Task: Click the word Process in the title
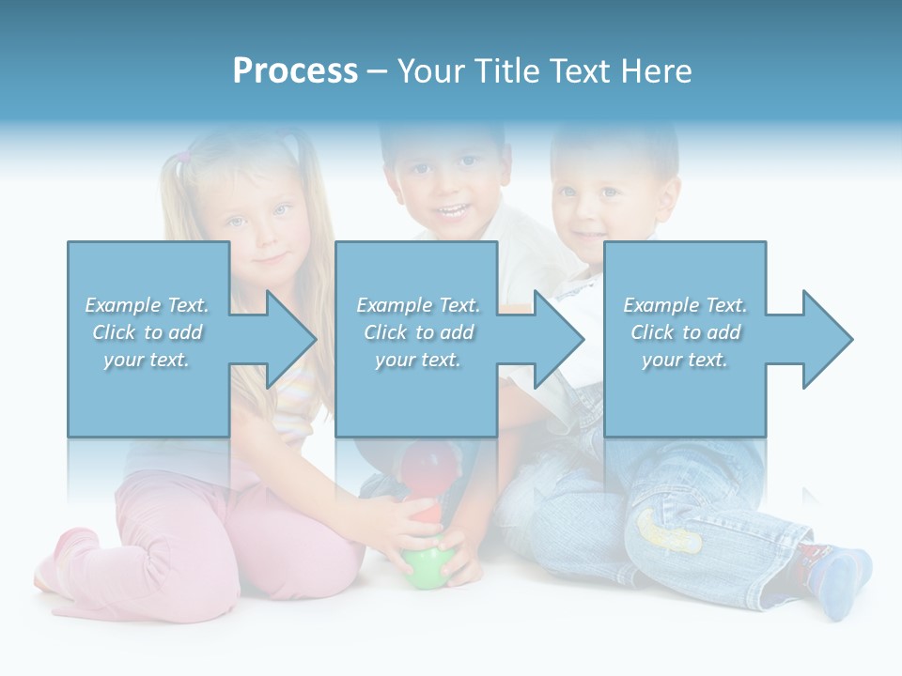point(295,71)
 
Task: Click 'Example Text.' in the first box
point(147,305)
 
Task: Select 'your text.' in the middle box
point(417,360)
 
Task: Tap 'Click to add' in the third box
point(686,332)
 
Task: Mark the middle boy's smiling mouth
point(454,210)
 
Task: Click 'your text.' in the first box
point(147,360)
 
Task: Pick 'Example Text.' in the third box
point(686,305)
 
